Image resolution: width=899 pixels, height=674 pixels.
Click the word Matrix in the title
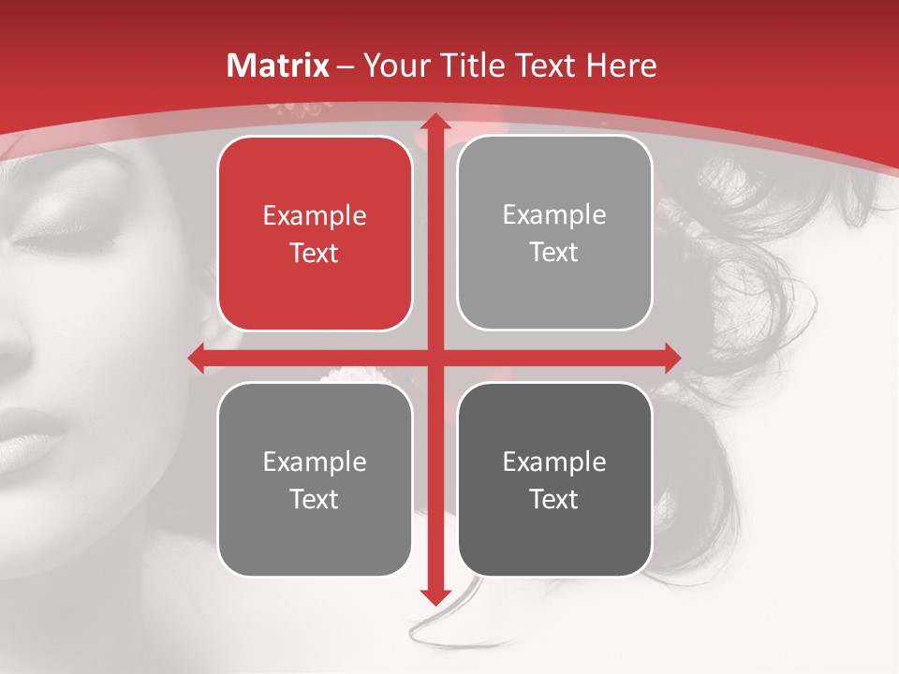(278, 66)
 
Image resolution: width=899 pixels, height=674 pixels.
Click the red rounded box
(315, 234)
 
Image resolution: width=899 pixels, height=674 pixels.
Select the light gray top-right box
(554, 233)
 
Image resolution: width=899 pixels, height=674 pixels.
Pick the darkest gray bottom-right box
(554, 479)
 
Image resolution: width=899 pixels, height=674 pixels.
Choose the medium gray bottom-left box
(315, 479)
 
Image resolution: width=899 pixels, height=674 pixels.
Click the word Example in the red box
(315, 216)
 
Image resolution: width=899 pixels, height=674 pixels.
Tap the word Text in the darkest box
(554, 499)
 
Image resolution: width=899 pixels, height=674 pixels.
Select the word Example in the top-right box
(554, 215)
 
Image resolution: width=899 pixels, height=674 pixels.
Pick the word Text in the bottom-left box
(315, 499)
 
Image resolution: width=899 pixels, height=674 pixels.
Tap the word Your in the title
(391, 66)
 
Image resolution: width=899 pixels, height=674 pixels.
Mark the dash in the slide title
(346, 66)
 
